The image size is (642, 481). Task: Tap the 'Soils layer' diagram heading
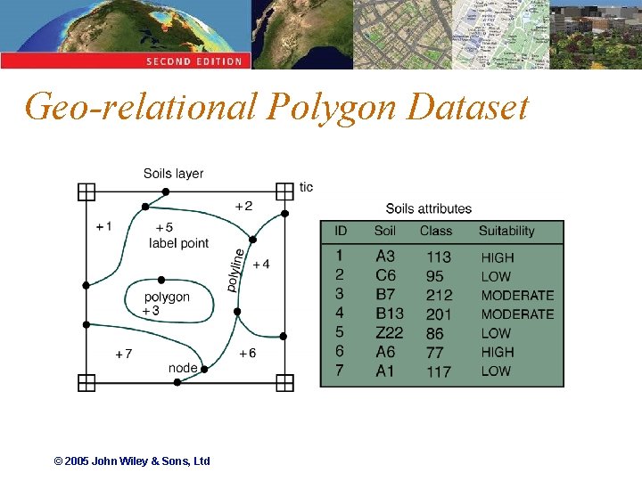(173, 174)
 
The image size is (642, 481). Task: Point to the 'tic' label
(306, 187)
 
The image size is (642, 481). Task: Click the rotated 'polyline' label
(234, 269)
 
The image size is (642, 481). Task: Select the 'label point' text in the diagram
(178, 243)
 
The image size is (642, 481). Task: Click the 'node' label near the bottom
(183, 368)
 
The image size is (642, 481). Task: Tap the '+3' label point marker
(151, 311)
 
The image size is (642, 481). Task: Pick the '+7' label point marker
(124, 354)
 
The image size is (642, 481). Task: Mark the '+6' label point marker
(247, 353)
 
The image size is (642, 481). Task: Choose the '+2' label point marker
(243, 206)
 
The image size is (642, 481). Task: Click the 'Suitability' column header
(506, 232)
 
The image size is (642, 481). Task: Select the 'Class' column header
(436, 232)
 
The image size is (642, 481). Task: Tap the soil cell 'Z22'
(389, 333)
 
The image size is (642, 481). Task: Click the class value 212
(439, 295)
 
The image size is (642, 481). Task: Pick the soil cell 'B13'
(390, 314)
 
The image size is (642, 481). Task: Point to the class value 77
(435, 352)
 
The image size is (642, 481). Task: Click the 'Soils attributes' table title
(428, 209)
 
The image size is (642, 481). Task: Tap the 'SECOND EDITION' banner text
(193, 61)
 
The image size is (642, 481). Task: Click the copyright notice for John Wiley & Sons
(132, 461)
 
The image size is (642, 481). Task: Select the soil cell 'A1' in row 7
(385, 371)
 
